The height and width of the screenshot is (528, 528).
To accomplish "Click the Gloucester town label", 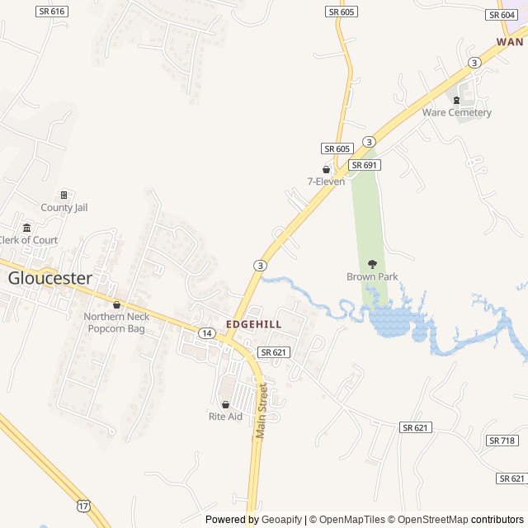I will click(50, 278).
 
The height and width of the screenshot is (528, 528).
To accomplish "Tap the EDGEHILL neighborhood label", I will click(254, 325).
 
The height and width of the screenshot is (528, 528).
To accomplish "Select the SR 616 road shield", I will click(52, 12).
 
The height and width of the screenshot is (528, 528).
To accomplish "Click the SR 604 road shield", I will click(502, 15).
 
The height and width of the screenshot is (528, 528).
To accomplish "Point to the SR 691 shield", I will click(364, 165).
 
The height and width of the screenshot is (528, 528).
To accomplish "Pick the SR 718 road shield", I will click(502, 441).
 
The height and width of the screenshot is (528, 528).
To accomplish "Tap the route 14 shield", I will click(206, 332).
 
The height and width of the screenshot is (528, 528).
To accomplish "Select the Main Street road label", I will click(263, 410).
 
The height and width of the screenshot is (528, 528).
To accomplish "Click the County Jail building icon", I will click(64, 195).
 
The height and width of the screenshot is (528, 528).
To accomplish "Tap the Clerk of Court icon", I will click(26, 228).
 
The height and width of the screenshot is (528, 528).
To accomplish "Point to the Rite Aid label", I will click(225, 417).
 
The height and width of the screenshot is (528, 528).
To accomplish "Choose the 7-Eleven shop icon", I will click(326, 169).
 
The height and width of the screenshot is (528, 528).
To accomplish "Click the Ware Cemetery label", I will click(457, 112).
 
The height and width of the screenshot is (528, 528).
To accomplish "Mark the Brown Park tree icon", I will click(372, 264).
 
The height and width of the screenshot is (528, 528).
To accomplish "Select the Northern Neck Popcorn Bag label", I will click(116, 323).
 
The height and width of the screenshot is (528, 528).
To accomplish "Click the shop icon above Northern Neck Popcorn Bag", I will click(116, 304).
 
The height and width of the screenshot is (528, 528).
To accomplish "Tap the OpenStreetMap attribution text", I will click(428, 520).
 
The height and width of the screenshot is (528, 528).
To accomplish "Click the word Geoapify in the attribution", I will click(282, 520).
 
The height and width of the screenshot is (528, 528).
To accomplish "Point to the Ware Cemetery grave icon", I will click(456, 100).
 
